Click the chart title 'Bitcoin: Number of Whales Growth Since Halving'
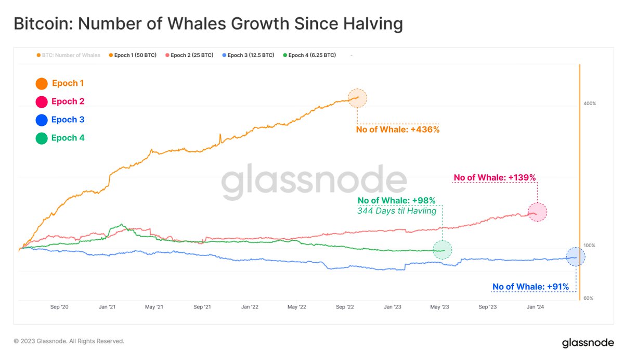tap(208, 24)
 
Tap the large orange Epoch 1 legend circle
tap(42, 83)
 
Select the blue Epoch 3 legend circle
tap(42, 120)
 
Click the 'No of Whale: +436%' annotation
tap(398, 130)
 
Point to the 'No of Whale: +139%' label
tap(494, 178)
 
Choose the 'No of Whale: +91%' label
tap(531, 287)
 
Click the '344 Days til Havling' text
tap(397, 211)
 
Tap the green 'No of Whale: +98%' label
tap(396, 201)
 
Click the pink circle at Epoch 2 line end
tap(537, 212)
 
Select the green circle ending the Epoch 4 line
tap(443, 250)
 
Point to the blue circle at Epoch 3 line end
tap(576, 256)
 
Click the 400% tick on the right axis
tap(589, 104)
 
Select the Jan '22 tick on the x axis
tap(250, 307)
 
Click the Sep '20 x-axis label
tap(59, 307)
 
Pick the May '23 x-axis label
tap(439, 307)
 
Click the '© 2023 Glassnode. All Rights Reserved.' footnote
tap(69, 341)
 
